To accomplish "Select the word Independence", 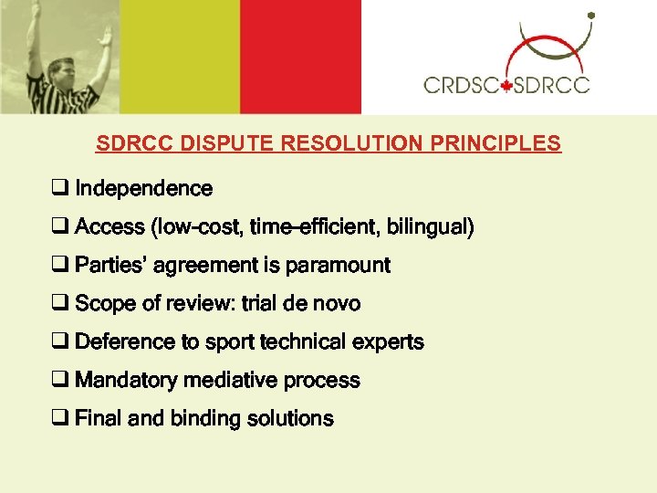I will coord(143,189).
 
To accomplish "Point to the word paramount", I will coord(338,266).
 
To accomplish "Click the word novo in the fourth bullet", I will coord(337,303).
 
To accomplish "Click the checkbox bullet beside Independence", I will coord(60,190).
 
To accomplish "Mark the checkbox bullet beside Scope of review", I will coord(60,304).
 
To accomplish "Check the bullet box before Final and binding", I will coord(60,420).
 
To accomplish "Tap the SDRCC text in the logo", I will coord(551,86).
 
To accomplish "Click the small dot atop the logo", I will coord(591,16).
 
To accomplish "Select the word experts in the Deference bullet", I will coord(390,342).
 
